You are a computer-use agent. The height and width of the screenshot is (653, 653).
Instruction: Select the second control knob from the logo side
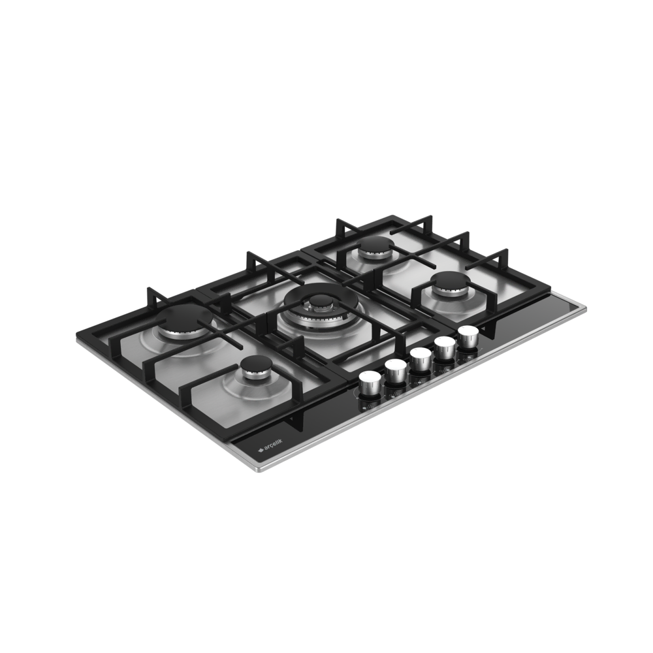point(395,371)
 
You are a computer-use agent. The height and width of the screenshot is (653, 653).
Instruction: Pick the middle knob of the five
point(420,358)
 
